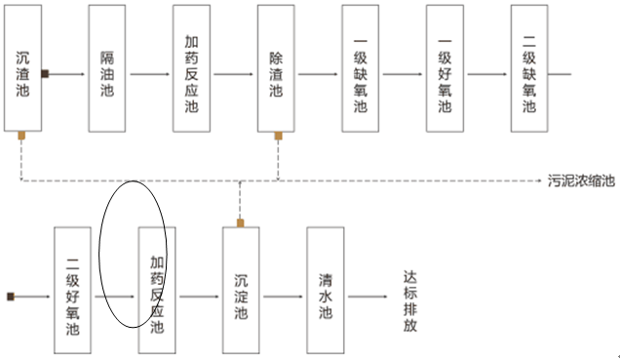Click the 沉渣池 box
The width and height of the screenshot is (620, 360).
click(22, 67)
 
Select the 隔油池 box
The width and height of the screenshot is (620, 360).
click(107, 67)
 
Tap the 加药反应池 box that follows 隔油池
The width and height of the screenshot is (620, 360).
click(192, 67)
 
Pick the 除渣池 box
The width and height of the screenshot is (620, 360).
click(277, 67)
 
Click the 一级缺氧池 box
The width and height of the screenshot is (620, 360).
click(361, 67)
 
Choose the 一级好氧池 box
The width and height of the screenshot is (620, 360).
click(446, 67)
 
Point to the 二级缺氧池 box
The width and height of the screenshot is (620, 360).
click(529, 67)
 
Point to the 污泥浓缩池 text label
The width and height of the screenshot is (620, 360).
click(582, 181)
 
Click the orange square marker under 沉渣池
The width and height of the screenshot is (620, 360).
click(20, 136)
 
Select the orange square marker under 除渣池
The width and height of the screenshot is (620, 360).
click(279, 136)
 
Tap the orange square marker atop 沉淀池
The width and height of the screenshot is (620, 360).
click(240, 222)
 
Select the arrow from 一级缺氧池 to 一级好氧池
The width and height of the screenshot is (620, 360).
click(403, 74)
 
